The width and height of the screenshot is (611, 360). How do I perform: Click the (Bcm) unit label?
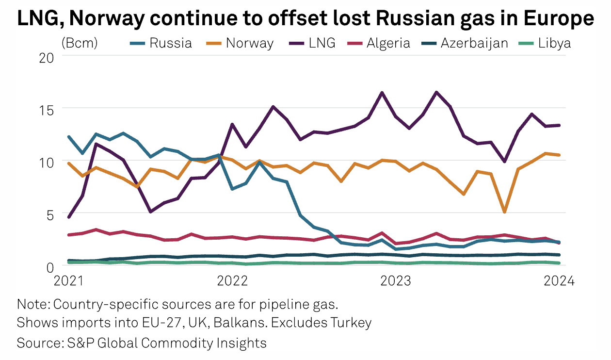click(x=80, y=43)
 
